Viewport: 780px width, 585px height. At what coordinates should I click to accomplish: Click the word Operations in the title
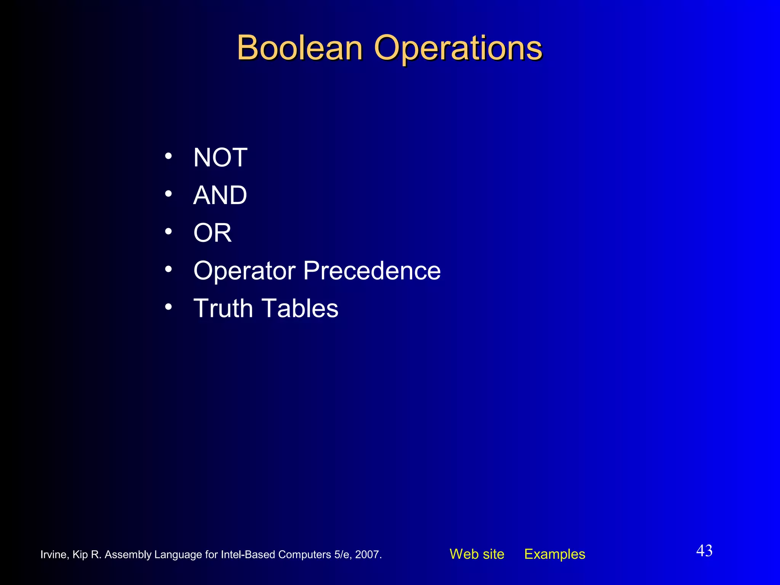coord(458,48)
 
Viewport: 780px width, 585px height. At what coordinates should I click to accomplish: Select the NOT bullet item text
coord(220,157)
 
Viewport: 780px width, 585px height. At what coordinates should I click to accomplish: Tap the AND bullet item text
coord(220,195)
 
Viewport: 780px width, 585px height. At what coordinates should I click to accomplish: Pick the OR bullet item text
coord(213,233)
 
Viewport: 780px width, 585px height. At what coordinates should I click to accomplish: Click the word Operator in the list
coord(245,271)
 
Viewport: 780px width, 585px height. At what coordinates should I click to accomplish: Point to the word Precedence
coord(372,270)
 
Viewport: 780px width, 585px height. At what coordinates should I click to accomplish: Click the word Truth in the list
coord(223,308)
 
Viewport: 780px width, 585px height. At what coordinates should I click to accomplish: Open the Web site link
coord(477,554)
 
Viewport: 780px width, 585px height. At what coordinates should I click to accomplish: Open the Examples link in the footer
coord(555,554)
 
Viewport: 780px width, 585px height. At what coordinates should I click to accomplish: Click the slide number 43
coord(704,551)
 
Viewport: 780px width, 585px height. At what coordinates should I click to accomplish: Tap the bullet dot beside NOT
coord(168,156)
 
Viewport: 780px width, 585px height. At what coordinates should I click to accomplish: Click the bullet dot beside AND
coord(168,194)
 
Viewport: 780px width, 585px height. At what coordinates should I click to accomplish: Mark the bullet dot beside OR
coord(168,231)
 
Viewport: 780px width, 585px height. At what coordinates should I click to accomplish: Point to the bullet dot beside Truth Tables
coord(168,307)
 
